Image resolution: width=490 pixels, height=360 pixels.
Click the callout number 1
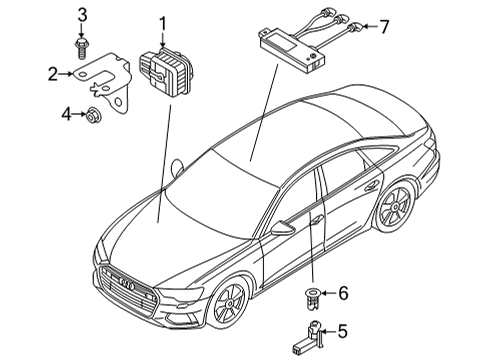point(162,24)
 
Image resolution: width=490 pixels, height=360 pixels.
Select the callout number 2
point(53,74)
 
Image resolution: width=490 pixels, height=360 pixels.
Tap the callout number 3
point(82,16)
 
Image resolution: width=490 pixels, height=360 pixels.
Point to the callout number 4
point(66,114)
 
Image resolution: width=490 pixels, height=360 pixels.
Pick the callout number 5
point(343,331)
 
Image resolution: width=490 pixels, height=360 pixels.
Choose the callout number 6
point(343,293)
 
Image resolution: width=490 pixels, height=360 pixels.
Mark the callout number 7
point(384,27)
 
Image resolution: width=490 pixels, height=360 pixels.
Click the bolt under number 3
point(81,49)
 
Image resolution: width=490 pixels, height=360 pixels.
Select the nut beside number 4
point(91,115)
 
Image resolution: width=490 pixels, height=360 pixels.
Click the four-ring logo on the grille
point(127,284)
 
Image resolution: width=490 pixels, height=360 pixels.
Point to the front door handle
point(316,220)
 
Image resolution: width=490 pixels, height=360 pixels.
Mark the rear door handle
point(372,186)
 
